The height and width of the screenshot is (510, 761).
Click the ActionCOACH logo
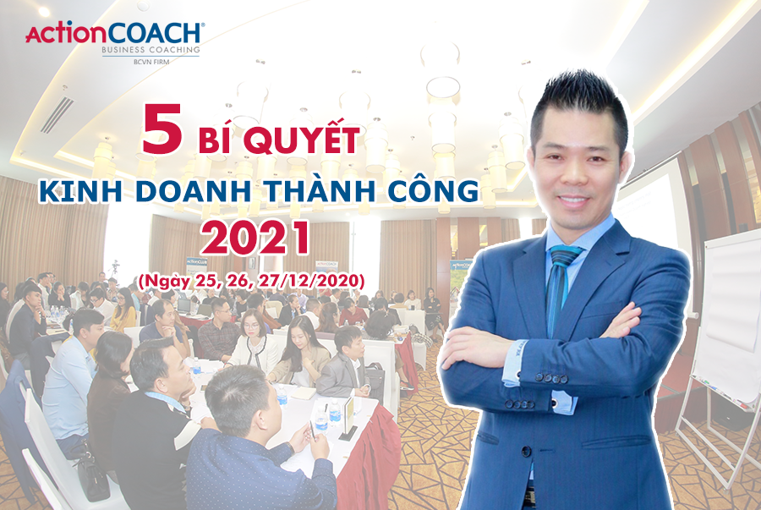click(x=114, y=41)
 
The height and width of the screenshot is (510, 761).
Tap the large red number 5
click(x=162, y=129)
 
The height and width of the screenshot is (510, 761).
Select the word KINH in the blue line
click(x=80, y=191)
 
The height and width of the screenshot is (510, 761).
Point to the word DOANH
click(x=193, y=191)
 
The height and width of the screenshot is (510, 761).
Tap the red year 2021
click(x=255, y=238)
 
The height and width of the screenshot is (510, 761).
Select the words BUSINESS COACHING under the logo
click(x=151, y=50)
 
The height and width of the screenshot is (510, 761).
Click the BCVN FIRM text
click(x=151, y=62)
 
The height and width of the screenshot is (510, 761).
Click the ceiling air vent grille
click(x=57, y=114)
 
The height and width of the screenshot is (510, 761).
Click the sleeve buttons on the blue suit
click(x=546, y=377)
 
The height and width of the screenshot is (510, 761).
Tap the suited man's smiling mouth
click(x=574, y=200)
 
